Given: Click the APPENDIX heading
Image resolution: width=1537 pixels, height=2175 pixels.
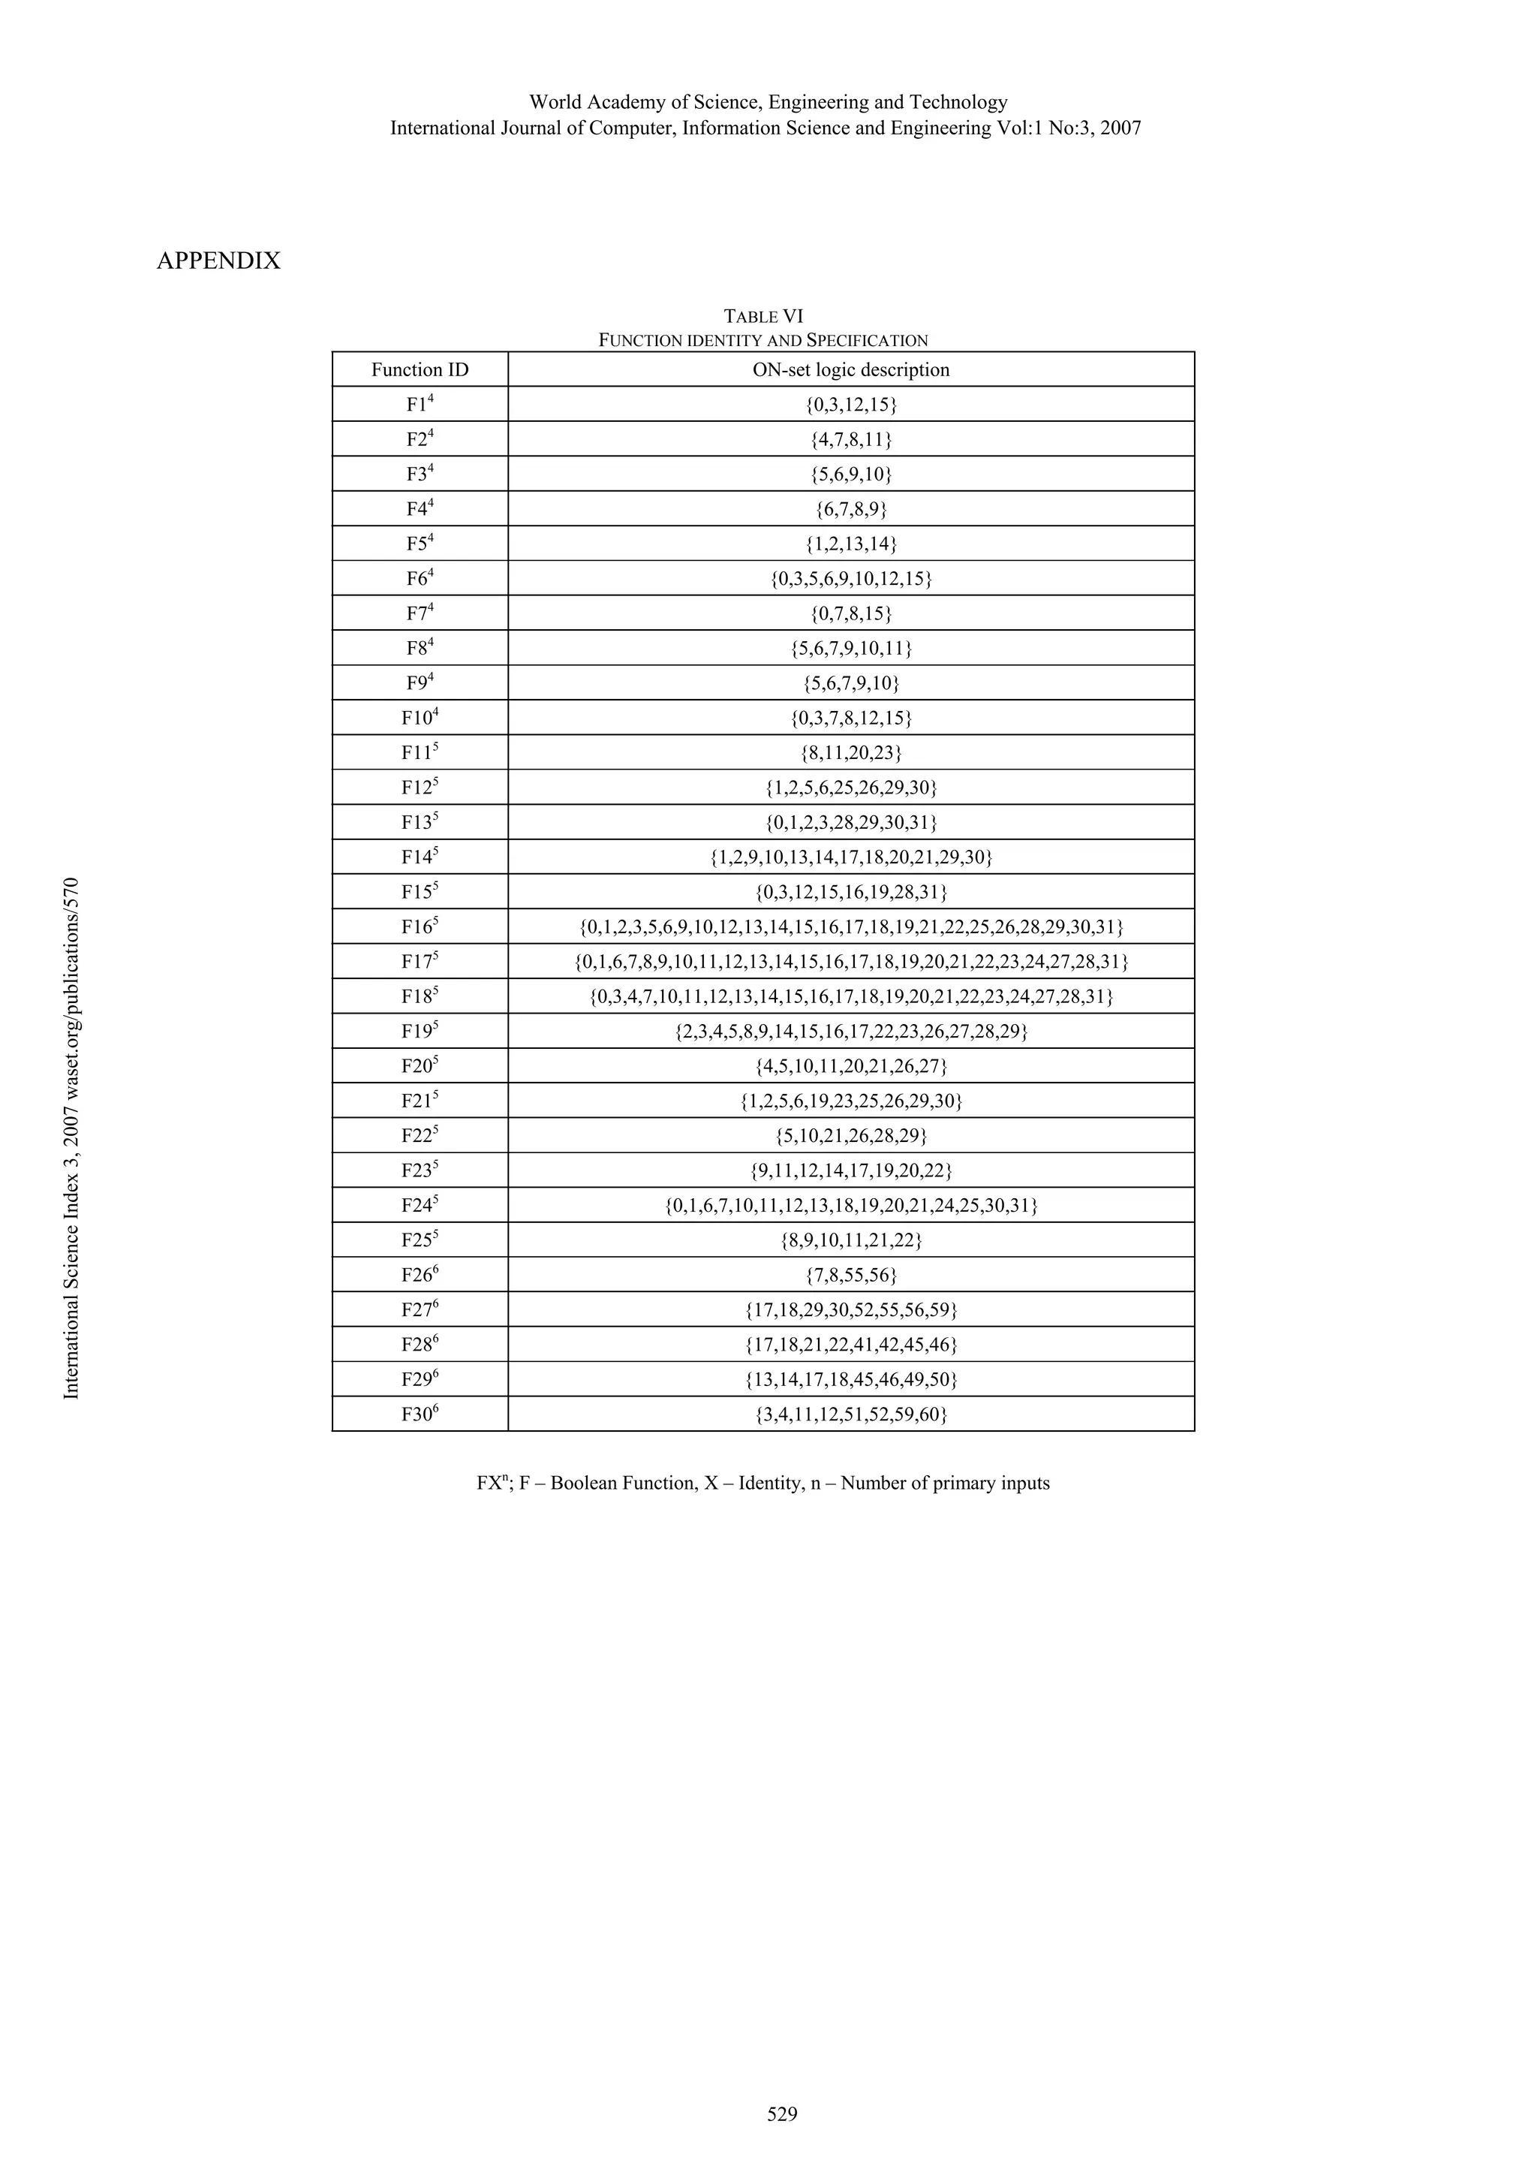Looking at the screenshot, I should click(x=218, y=261).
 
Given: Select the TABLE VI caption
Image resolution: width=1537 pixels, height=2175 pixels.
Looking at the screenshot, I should click(x=763, y=316).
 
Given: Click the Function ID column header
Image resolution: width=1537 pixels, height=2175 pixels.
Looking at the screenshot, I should click(x=420, y=369).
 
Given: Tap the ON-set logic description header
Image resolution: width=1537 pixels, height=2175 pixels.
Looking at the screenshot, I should click(x=850, y=369).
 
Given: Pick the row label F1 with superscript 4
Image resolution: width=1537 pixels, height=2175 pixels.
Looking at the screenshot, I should click(x=420, y=405).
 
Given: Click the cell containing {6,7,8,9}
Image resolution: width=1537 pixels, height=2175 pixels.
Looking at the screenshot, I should click(x=850, y=510).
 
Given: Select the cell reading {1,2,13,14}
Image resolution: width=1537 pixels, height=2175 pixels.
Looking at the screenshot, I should click(x=850, y=544).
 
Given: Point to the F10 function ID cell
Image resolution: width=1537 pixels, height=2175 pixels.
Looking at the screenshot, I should click(x=420, y=718).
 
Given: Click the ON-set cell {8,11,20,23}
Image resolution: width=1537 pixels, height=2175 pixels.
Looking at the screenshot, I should click(x=850, y=753).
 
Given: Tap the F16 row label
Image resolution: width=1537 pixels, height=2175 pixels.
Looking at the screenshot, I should click(x=420, y=926).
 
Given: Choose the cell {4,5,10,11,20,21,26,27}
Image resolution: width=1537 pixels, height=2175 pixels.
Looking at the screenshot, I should click(x=850, y=1065).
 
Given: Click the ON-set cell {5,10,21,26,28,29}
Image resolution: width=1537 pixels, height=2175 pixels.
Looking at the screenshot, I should click(x=850, y=1136).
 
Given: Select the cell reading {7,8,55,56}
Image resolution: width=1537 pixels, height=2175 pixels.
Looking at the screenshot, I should click(x=850, y=1275).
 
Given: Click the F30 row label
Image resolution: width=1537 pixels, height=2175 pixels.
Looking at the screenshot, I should click(x=420, y=1414).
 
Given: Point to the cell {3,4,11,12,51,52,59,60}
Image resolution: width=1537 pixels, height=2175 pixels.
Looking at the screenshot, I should click(x=850, y=1414).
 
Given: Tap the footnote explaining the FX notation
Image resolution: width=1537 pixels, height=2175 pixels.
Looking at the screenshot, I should click(x=763, y=1484).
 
